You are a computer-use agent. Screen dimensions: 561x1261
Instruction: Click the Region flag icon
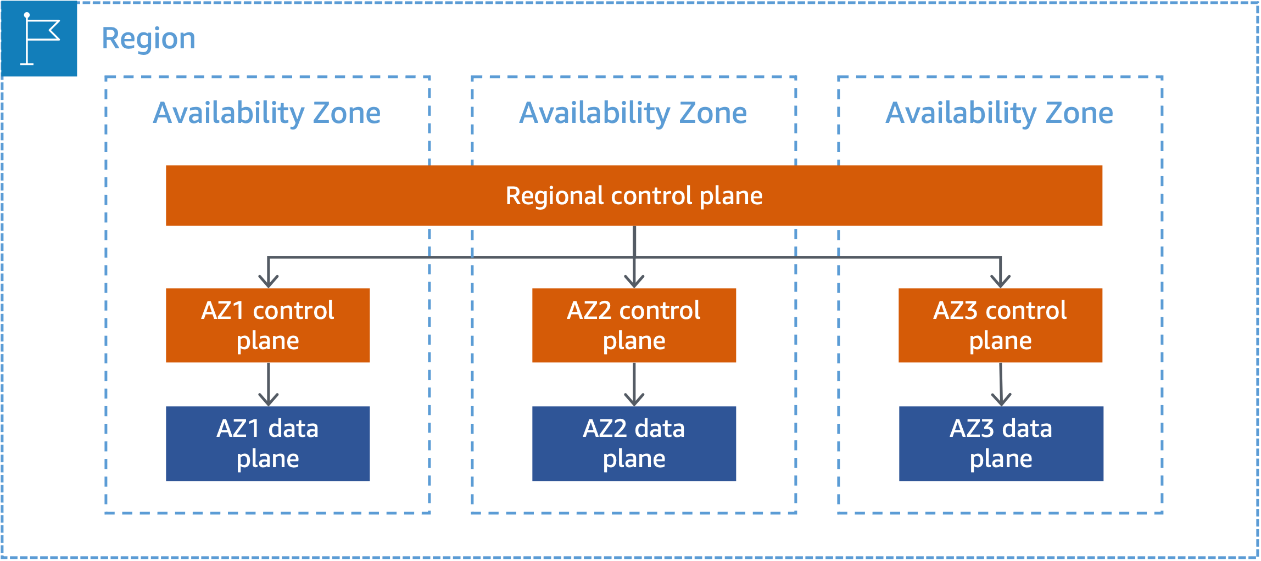(39, 38)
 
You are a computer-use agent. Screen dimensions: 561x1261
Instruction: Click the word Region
(148, 39)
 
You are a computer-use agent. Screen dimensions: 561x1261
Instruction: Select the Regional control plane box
(634, 196)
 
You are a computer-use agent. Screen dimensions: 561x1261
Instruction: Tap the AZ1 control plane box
(267, 326)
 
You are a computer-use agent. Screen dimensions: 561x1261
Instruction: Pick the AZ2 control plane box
(634, 326)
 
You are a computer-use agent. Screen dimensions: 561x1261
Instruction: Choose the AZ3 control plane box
(1000, 326)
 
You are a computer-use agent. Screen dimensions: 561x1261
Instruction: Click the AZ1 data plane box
(267, 444)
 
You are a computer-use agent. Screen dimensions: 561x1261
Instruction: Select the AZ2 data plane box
(634, 444)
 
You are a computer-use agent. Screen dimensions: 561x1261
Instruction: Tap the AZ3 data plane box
(1001, 444)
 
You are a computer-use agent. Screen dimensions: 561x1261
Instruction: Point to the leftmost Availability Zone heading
(267, 113)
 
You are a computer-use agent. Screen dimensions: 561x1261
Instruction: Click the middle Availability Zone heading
(633, 113)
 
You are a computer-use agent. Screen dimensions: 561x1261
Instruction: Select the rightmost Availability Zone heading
(1000, 113)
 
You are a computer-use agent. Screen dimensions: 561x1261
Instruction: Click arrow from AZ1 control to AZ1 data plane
(268, 384)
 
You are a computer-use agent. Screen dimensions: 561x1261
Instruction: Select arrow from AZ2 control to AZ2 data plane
(634, 384)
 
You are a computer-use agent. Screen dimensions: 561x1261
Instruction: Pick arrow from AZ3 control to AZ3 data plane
(1001, 384)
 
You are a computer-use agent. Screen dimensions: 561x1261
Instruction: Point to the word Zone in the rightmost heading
(1079, 113)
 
